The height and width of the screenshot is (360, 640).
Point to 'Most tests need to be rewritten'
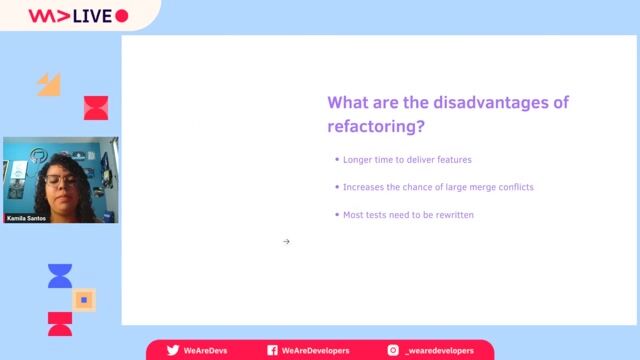tap(409, 214)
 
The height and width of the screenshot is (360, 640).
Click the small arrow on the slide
tap(286, 241)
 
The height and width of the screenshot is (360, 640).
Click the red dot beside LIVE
tap(122, 16)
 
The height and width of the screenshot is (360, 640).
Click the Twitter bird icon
tap(173, 351)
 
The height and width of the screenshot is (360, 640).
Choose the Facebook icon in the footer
tap(272, 351)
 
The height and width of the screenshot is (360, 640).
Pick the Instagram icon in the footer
tap(394, 351)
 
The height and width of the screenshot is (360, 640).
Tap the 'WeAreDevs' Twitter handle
tap(206, 351)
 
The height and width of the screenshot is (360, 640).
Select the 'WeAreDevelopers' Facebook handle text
tap(315, 351)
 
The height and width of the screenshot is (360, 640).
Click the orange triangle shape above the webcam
tap(49, 85)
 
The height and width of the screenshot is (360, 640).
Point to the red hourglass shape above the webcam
tap(95, 107)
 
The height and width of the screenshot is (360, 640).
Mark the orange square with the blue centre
tap(84, 299)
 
